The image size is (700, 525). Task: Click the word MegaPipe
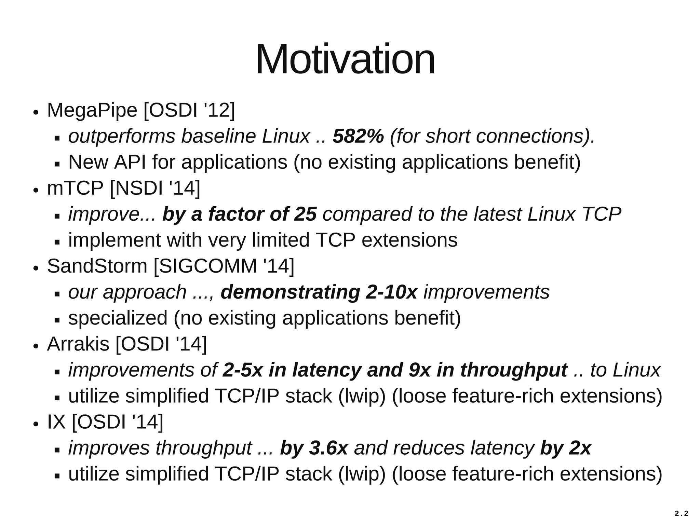92,111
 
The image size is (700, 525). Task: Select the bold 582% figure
358,136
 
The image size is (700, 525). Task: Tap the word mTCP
75,188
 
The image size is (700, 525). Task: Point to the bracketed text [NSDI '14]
155,188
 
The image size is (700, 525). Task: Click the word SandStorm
97,266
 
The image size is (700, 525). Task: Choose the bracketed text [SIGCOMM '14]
224,266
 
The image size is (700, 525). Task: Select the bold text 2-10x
391,292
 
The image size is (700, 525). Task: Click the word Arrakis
78,344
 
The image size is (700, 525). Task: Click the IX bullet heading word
56,422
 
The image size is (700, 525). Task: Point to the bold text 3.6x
328,448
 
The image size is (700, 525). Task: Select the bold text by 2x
566,448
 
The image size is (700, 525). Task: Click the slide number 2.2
681,513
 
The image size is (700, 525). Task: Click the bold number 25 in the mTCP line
305,214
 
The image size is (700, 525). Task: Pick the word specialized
118,318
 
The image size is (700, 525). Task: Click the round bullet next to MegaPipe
36,113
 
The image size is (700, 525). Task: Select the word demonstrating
290,292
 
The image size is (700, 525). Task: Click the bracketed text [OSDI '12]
189,111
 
